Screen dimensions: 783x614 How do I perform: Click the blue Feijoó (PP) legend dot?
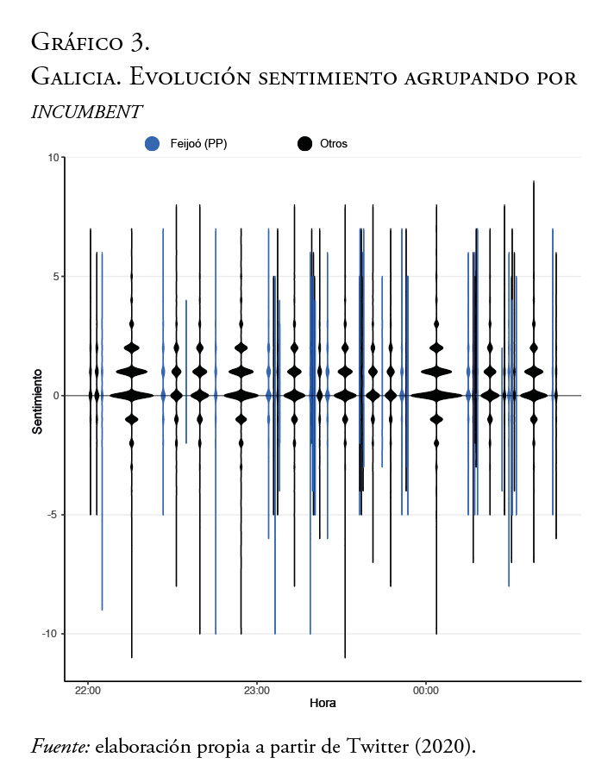(152, 144)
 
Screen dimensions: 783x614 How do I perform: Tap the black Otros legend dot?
(304, 144)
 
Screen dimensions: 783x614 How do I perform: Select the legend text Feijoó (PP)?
(198, 144)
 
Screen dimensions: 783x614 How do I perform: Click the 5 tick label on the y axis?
(54, 277)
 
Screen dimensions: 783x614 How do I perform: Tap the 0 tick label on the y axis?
(54, 396)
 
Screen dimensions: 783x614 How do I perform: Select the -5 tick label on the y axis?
(52, 515)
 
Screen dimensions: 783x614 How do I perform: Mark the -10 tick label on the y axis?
(49, 634)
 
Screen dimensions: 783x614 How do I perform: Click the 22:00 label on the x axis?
(88, 691)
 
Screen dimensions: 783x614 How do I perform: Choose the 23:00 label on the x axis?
(257, 691)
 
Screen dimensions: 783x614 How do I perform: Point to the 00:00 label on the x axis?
(426, 691)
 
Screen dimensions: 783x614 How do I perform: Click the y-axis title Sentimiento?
(38, 401)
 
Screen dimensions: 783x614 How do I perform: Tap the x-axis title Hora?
(323, 704)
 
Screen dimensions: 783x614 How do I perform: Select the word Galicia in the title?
(74, 76)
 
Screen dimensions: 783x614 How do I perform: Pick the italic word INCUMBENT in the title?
(86, 112)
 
